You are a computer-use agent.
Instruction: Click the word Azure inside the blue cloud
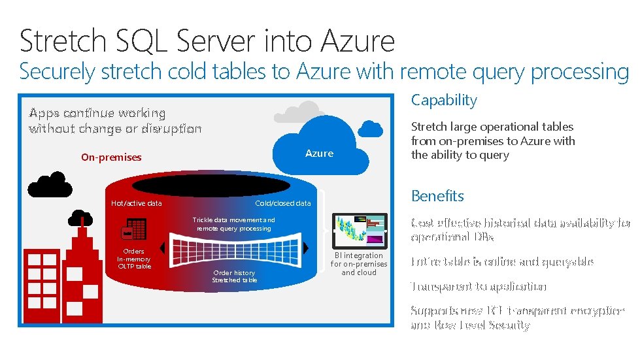(x=319, y=154)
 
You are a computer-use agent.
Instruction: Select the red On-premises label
(x=111, y=157)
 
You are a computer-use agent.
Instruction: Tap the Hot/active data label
(x=136, y=203)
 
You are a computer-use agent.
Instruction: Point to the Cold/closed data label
(x=282, y=203)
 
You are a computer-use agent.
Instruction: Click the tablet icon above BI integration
(x=358, y=230)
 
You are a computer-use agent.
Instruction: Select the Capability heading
(x=444, y=100)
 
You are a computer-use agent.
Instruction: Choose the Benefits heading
(x=437, y=196)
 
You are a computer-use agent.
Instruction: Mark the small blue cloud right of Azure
(x=372, y=128)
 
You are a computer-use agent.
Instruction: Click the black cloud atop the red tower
(x=81, y=216)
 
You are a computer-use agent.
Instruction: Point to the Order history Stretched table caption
(x=234, y=276)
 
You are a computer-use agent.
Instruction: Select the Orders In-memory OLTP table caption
(x=134, y=259)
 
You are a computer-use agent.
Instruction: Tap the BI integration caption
(x=358, y=264)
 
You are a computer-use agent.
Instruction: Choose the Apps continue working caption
(x=115, y=121)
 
